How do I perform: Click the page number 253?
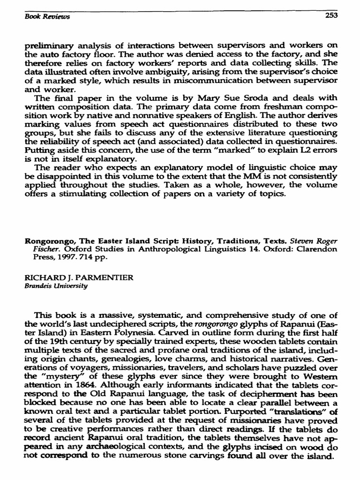point(331,15)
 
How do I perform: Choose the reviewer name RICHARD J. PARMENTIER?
point(79,277)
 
